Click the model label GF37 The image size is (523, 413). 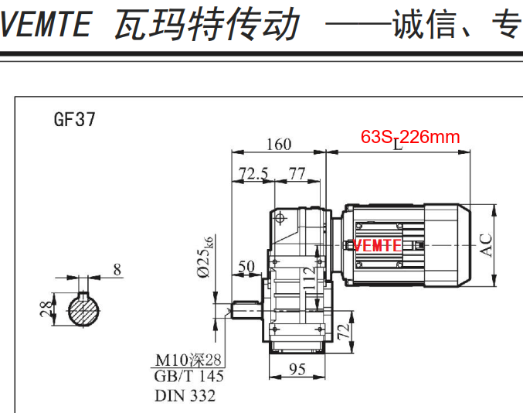point(75,120)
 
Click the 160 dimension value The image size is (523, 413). point(279,144)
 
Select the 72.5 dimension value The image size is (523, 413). point(253,173)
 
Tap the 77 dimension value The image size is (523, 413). point(297,173)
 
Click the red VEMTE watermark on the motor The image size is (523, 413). point(377,246)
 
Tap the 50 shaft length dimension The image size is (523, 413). point(246,268)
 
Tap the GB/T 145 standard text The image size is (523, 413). point(188,377)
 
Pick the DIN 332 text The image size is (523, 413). point(185,396)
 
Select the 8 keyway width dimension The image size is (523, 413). point(117,270)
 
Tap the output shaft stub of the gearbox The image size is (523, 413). point(249,311)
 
